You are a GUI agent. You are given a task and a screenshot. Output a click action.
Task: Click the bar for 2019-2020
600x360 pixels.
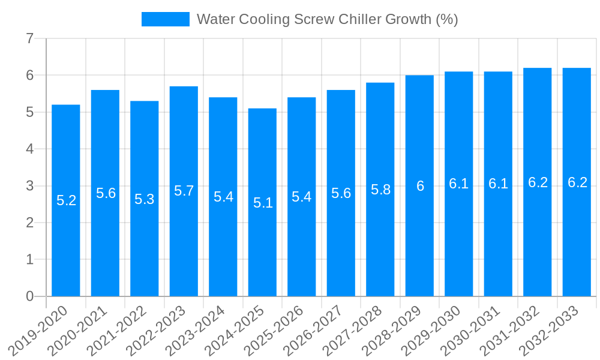pyautogui.click(x=66, y=240)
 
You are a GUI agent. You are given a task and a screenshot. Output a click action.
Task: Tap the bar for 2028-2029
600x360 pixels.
pyautogui.click(x=419, y=240)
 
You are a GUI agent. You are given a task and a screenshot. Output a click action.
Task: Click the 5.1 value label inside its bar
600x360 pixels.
pyautogui.click(x=263, y=203)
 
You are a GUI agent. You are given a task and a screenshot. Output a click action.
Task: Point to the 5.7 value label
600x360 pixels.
pyautogui.click(x=184, y=191)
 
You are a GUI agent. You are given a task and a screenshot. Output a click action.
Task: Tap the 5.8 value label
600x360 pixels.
pyautogui.click(x=380, y=190)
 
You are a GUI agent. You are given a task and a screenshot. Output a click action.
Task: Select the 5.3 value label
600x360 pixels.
pyautogui.click(x=145, y=199)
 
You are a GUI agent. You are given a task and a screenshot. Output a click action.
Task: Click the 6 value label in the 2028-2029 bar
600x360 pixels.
pyautogui.click(x=420, y=186)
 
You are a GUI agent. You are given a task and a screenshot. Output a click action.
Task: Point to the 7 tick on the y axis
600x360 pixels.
pyautogui.click(x=29, y=38)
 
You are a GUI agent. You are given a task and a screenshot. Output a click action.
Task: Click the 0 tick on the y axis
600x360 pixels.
pyautogui.click(x=29, y=296)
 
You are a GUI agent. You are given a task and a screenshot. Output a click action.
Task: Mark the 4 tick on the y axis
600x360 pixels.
pyautogui.click(x=29, y=149)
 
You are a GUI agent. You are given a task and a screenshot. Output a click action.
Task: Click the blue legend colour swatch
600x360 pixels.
pyautogui.click(x=165, y=19)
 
